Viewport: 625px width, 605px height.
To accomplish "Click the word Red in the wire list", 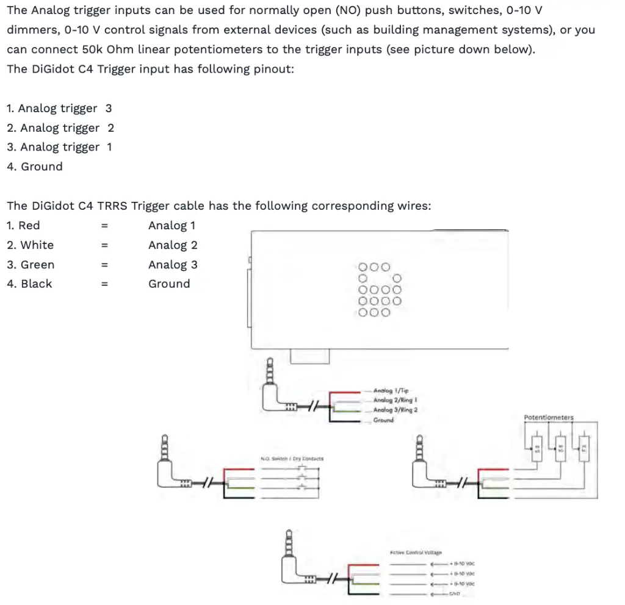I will [x=29, y=226].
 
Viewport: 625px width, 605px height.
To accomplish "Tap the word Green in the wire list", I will [x=37, y=265].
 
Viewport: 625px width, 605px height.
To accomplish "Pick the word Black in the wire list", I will [x=36, y=284].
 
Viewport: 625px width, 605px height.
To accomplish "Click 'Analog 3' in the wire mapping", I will [x=173, y=265].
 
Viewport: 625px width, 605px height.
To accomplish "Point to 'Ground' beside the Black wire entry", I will [x=169, y=284].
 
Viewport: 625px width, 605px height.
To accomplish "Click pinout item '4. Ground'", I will [x=35, y=166].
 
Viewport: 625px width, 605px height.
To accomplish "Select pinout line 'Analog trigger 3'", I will [x=59, y=109].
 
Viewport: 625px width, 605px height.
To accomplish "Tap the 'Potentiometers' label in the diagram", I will [x=549, y=418].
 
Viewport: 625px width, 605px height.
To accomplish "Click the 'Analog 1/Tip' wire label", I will [x=391, y=390].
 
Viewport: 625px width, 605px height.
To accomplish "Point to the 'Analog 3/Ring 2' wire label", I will [x=396, y=410].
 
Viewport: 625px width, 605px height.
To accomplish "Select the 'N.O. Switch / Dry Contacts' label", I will [x=292, y=459].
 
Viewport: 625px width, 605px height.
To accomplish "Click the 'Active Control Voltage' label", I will [x=415, y=553].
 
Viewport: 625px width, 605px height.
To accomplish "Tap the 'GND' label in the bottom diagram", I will [x=455, y=594].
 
